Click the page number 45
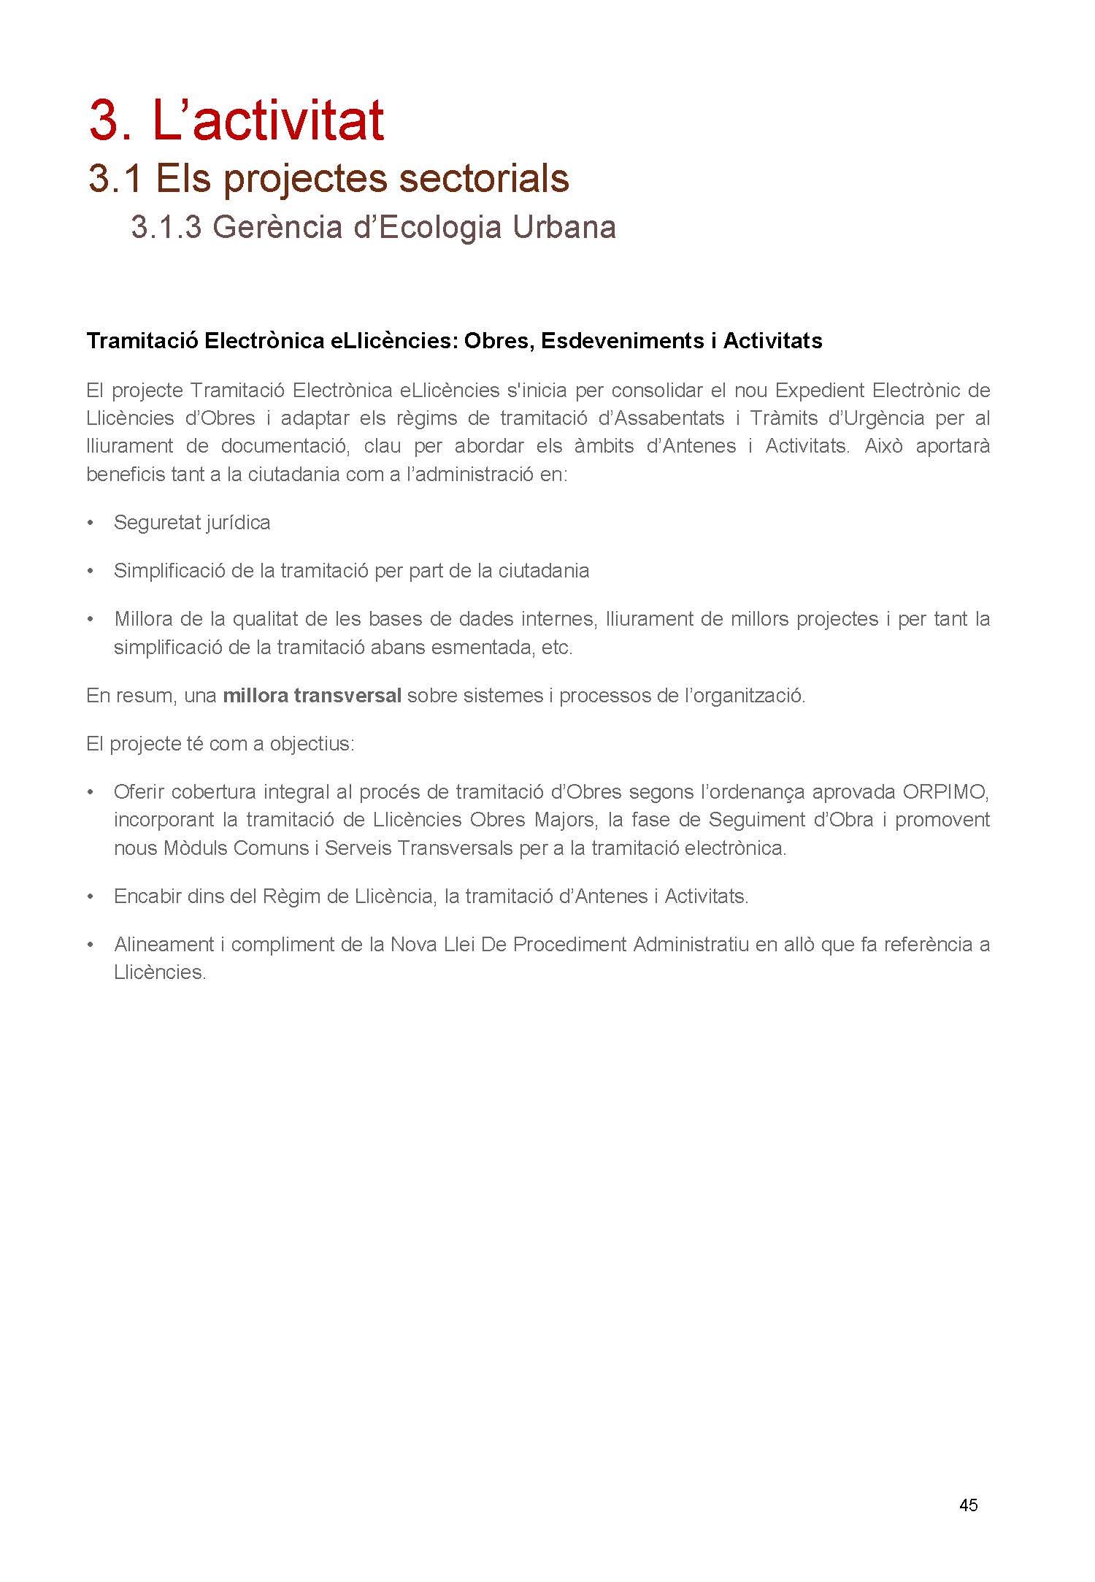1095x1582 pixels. [968, 1505]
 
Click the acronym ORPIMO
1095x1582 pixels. [946, 791]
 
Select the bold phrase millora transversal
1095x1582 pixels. [312, 695]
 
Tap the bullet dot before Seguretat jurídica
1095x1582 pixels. [91, 523]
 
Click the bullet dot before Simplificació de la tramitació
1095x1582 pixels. [91, 571]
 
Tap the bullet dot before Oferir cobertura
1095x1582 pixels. [91, 792]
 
